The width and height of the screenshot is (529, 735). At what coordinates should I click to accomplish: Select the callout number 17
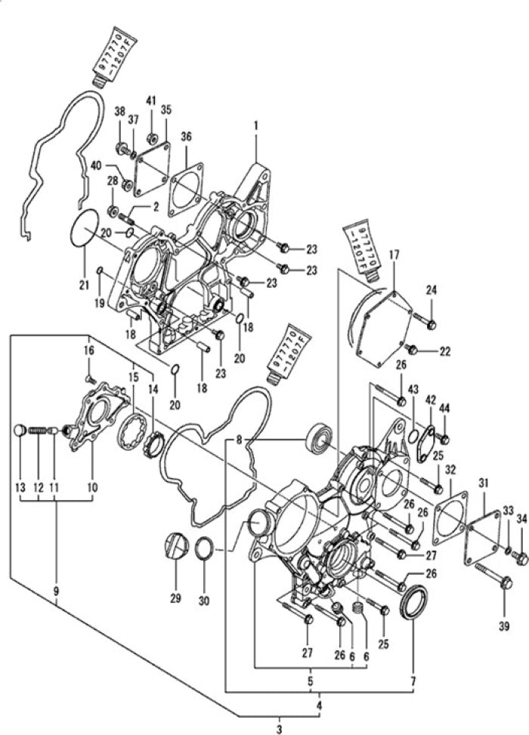tap(394, 256)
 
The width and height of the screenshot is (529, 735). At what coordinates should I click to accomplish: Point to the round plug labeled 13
tap(20, 431)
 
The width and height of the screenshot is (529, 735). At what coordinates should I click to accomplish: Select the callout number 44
tap(444, 408)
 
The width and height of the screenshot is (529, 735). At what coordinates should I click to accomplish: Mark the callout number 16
tap(88, 351)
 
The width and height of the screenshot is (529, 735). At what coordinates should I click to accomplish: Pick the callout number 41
tap(150, 100)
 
